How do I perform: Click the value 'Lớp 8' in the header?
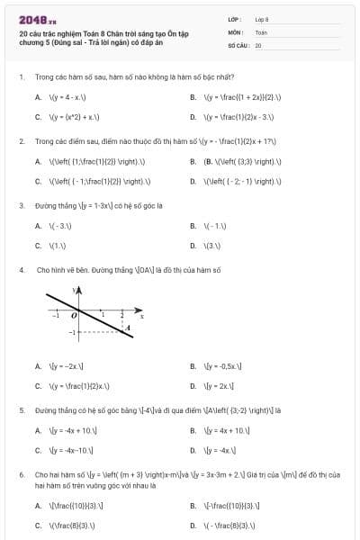[262, 18]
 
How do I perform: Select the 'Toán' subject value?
[261, 31]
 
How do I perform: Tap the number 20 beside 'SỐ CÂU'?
[258, 44]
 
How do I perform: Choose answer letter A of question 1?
[38, 96]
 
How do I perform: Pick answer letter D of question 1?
[193, 117]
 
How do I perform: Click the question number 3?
[21, 204]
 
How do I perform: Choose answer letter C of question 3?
[38, 245]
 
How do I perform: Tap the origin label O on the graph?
[76, 315]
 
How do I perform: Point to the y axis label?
[75, 291]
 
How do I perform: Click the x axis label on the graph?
[141, 316]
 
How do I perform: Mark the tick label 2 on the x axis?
[122, 314]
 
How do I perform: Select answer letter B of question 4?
[193, 366]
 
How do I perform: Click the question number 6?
[21, 473]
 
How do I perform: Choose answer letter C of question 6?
[38, 525]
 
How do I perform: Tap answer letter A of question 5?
[38, 430]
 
